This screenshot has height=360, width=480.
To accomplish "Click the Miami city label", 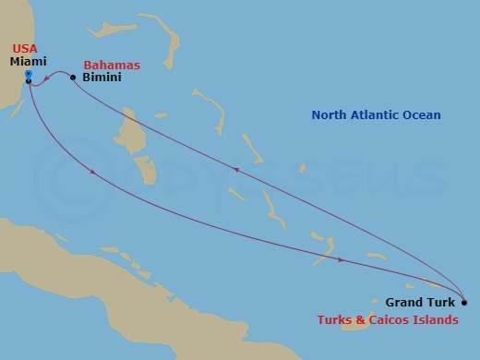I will pyautogui.click(x=29, y=61).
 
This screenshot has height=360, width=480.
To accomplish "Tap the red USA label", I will pyautogui.click(x=25, y=48).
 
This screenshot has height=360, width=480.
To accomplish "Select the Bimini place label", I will pyautogui.click(x=100, y=78).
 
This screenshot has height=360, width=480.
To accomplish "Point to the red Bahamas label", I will pyautogui.click(x=112, y=66).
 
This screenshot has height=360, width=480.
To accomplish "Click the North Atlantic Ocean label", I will pyautogui.click(x=376, y=115).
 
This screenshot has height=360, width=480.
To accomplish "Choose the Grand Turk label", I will pyautogui.click(x=418, y=302).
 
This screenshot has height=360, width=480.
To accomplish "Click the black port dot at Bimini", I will pyautogui.click(x=73, y=78).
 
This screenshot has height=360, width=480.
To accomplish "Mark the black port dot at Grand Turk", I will pyautogui.click(x=463, y=302).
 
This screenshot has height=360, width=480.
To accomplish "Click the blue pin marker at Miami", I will pyautogui.click(x=29, y=73).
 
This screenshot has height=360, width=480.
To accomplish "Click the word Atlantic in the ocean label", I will pyautogui.click(x=378, y=115).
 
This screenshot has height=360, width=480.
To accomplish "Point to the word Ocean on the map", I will pyautogui.click(x=422, y=115).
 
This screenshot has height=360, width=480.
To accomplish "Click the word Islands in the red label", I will pyautogui.click(x=435, y=320).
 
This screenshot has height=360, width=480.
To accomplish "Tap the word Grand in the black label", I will pyautogui.click(x=403, y=302).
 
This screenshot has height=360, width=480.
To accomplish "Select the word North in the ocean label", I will pyautogui.click(x=330, y=115).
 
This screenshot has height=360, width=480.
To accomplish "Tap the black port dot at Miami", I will pyautogui.click(x=29, y=82).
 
